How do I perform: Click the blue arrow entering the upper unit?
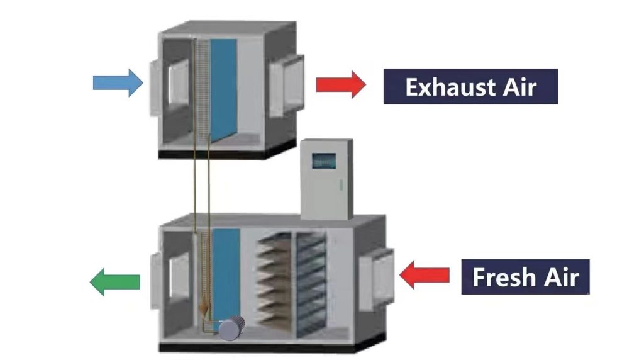118,82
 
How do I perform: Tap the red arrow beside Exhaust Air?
341,84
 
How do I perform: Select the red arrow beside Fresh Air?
425,274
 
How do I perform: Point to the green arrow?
115,282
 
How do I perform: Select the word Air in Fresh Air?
562,277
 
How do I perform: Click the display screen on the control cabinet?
324,161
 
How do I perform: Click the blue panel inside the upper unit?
224,89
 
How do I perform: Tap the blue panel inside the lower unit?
226,274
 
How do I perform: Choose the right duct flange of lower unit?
377,279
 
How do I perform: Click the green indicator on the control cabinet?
340,186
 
